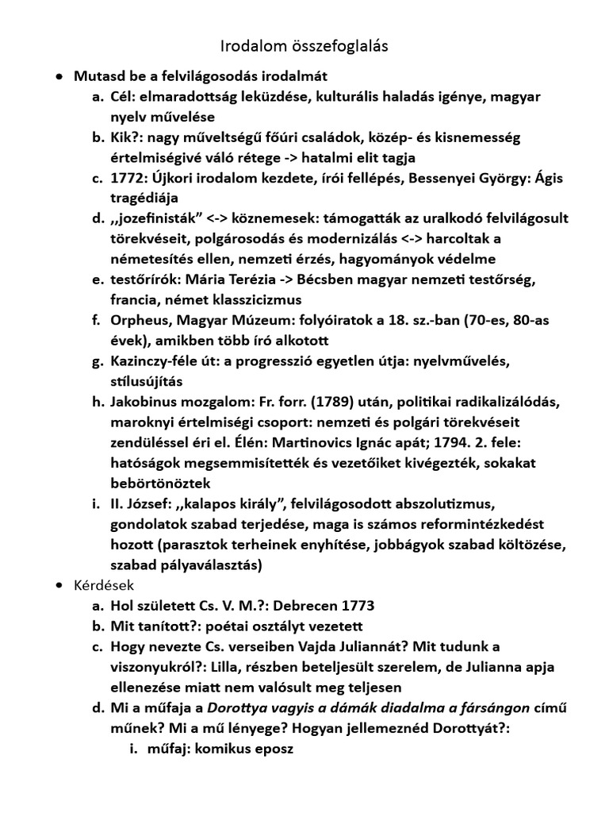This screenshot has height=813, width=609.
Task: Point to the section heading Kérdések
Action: tap(104, 585)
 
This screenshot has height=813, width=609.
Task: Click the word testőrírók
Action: tap(145, 279)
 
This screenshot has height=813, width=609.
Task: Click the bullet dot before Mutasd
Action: tap(59, 77)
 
